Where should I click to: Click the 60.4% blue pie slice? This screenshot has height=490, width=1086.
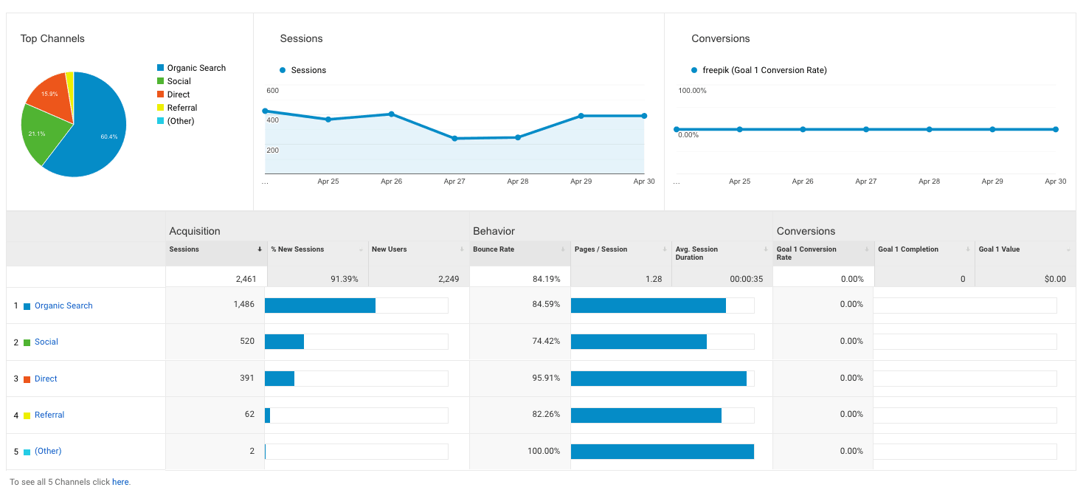click(x=96, y=133)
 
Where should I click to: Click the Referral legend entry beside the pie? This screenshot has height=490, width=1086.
click(x=181, y=108)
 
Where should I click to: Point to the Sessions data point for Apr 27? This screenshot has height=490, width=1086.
click(x=454, y=138)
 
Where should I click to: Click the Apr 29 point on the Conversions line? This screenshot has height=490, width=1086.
click(x=992, y=129)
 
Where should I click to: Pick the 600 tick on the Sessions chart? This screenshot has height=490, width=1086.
click(x=272, y=91)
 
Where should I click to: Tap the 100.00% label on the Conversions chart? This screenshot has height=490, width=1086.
click(x=692, y=91)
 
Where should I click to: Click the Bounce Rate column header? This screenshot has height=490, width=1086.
click(x=494, y=249)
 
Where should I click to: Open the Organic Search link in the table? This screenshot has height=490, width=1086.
click(x=63, y=306)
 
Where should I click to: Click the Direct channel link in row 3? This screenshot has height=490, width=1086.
click(x=46, y=379)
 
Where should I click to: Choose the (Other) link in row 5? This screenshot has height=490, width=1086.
click(x=48, y=451)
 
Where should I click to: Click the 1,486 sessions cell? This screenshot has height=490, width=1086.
click(x=243, y=305)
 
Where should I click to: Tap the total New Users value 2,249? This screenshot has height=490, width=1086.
click(x=444, y=279)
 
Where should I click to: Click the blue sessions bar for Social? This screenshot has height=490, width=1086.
click(x=284, y=342)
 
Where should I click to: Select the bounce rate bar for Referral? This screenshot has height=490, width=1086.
click(x=646, y=415)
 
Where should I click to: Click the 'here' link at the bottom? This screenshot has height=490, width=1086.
click(x=120, y=482)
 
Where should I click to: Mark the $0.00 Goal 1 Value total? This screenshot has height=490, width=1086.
click(x=1055, y=279)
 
